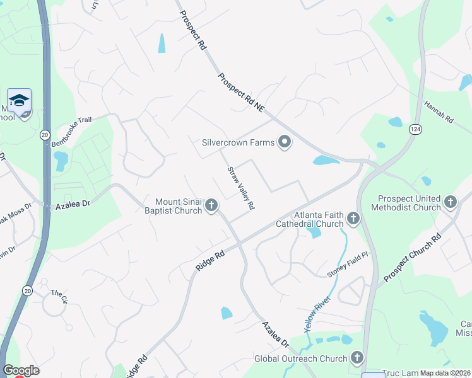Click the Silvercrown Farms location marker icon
tap(285, 142)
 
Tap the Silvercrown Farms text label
tap(238, 142)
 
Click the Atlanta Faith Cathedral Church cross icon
tap(353, 219)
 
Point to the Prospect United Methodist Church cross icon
tap(450, 202)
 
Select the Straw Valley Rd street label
tap(241, 187)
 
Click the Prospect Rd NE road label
tap(241, 93)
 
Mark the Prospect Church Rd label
tap(411, 259)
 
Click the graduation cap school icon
tap(19, 101)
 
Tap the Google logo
tap(21, 370)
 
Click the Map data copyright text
tap(445, 373)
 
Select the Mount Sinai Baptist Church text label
tap(172, 206)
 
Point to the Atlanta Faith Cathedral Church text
tap(310, 219)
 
